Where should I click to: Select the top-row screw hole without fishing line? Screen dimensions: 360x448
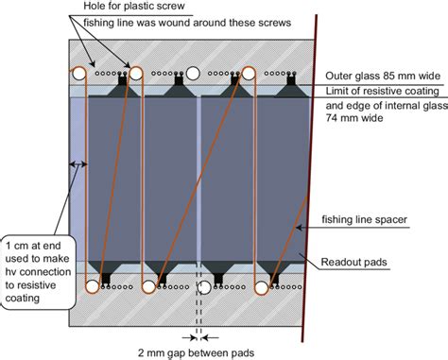point(193,73)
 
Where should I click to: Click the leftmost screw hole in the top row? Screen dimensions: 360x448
point(80,73)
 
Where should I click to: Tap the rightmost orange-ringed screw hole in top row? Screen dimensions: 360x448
point(250,73)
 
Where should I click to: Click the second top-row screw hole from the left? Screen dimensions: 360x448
point(136,73)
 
